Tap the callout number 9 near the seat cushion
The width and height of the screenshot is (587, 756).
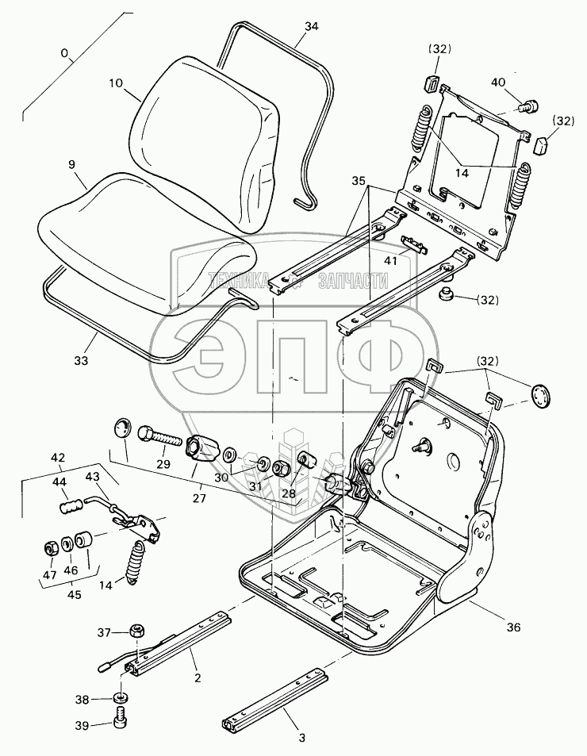pos(71,165)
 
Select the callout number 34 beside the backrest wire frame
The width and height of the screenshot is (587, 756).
pos(311,25)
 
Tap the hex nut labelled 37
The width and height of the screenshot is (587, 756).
pos(136,631)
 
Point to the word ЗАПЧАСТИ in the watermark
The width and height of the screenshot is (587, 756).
pos(352,280)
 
